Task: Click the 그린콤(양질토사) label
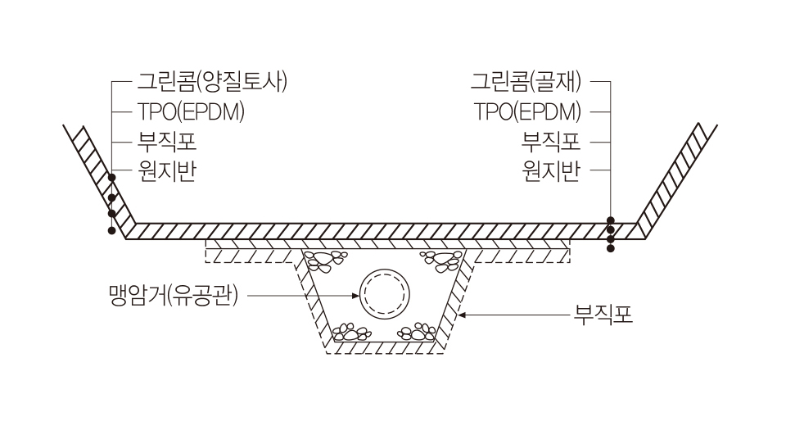tap(210, 82)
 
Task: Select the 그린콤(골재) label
tap(526, 82)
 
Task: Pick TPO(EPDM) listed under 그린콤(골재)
tap(528, 111)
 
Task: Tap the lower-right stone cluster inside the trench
tap(417, 332)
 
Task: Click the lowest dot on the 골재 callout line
tap(610, 247)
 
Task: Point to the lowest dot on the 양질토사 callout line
tap(111, 231)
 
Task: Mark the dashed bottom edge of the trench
tap(385, 353)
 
